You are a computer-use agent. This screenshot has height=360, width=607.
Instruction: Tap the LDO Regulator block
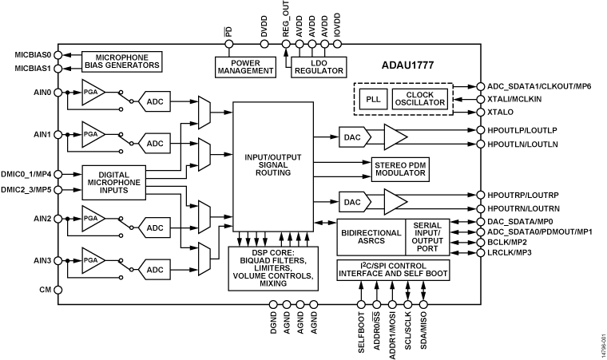click(x=318, y=65)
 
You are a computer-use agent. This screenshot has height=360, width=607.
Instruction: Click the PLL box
click(x=372, y=99)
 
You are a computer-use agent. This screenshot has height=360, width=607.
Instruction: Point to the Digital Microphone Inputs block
click(x=114, y=181)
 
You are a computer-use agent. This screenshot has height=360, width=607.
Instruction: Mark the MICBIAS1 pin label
click(x=32, y=68)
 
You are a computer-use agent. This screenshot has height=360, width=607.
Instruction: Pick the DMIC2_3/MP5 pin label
click(x=29, y=189)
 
